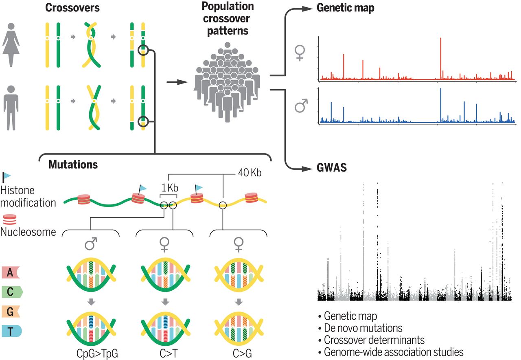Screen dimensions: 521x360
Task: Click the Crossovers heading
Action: [x=72, y=8]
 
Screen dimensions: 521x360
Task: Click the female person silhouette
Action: [x=11, y=45]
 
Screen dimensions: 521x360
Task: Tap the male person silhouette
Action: [x=11, y=108]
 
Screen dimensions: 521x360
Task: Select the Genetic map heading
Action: [x=346, y=8]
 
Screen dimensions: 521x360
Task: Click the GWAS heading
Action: [x=332, y=167]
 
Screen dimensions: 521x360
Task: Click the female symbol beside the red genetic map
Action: [x=300, y=53]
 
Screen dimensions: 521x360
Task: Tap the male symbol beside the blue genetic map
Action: [x=301, y=105]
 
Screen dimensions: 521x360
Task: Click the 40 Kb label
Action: [x=250, y=173]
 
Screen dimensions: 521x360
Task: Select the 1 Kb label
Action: [x=170, y=188]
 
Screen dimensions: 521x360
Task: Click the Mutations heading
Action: [x=73, y=165]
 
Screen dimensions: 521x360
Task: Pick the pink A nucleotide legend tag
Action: [x=11, y=272]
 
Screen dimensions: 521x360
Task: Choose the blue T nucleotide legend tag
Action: [x=12, y=331]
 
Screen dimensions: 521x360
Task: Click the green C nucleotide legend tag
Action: [x=12, y=292]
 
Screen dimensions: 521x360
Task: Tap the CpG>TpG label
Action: [x=97, y=353]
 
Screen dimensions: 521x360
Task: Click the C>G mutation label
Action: [x=242, y=353]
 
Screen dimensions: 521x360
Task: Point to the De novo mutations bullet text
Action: [x=363, y=328]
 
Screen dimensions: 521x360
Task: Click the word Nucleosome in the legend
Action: [x=28, y=232]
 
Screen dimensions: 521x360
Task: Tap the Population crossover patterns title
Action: [x=228, y=19]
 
